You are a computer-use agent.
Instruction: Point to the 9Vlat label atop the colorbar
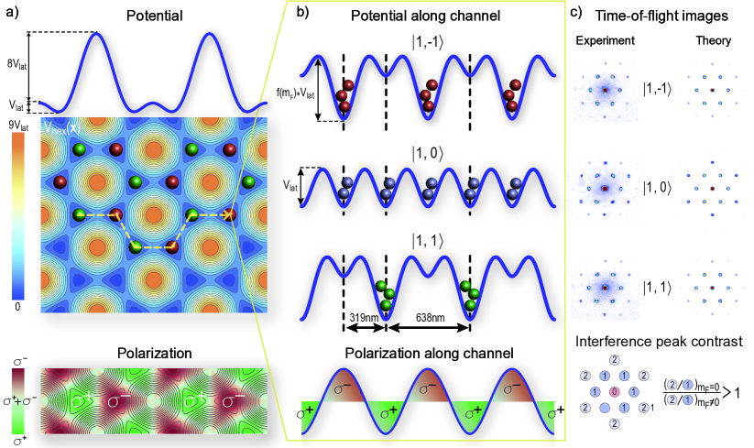(18, 126)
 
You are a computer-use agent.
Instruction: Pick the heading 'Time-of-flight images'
(667, 16)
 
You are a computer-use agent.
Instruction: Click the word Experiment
(605, 42)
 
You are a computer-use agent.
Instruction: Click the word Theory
(706, 42)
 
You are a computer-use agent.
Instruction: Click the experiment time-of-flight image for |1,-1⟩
(605, 91)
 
